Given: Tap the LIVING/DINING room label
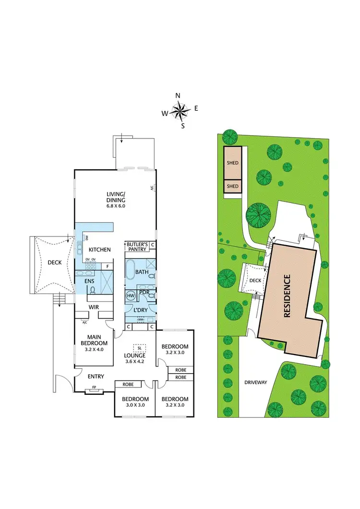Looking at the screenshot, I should [116, 197].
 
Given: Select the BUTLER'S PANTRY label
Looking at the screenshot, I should [137, 247].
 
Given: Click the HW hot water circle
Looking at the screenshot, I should [130, 296].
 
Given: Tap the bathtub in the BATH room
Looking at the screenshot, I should [131, 272].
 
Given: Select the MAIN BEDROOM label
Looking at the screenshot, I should [90, 340].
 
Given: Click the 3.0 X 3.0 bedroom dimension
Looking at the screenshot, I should [135, 405].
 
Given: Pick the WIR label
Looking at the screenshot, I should [94, 307].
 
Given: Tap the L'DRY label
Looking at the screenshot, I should [140, 309].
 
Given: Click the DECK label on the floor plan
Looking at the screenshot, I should [54, 262].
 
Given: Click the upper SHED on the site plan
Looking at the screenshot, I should [232, 163].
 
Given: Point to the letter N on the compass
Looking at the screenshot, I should [178, 96].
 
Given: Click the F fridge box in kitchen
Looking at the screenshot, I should [108, 266].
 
